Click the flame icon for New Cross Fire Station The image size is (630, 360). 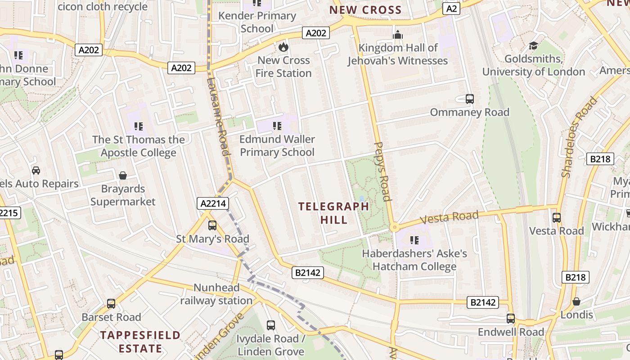coord(283,47)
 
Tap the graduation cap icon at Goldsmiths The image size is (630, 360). coord(534,45)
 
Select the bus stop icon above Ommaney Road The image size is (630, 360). coord(470,99)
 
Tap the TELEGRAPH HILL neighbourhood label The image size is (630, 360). coord(333,213)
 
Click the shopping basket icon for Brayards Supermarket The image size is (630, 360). coord(123,175)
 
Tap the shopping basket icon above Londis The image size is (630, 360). coord(576,301)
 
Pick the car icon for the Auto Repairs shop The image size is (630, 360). coord(36,171)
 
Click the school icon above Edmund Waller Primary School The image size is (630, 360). coord(277,126)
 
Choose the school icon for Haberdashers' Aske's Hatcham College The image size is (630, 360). coord(414,240)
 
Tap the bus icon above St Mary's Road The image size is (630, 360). coord(212,225)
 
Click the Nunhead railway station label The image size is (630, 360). coord(216,294)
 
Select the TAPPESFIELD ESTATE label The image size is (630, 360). coord(140,342)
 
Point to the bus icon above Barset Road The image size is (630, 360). coord(111,304)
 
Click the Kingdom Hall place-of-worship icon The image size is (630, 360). coord(398,35)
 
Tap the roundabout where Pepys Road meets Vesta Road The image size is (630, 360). coord(394,227)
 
